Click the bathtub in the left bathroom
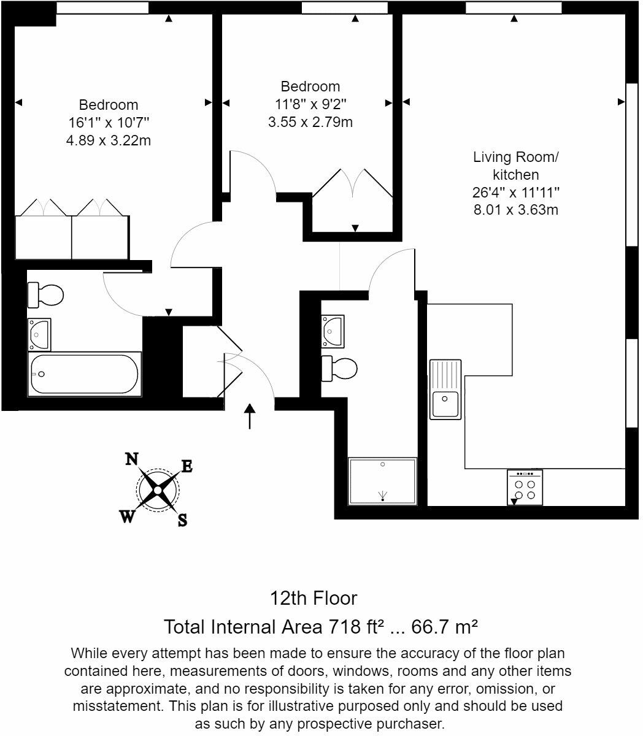[85, 374]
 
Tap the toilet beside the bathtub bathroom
[45, 295]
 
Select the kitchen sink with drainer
[445, 389]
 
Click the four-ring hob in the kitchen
[525, 488]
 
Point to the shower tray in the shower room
[382, 481]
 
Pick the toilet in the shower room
[339, 368]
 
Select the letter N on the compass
[131, 459]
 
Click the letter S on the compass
[182, 521]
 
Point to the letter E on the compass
[187, 466]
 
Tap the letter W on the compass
[127, 517]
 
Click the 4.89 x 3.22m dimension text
[108, 140]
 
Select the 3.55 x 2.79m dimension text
[310, 122]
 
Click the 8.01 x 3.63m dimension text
[515, 210]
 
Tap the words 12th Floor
[314, 597]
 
